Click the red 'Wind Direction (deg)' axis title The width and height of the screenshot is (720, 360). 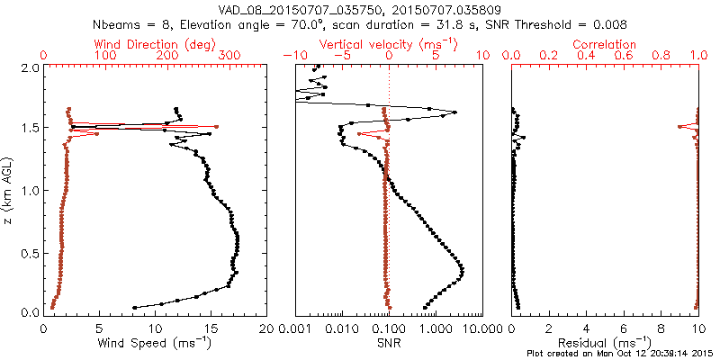(156, 44)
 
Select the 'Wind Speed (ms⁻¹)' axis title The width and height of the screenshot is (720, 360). (156, 343)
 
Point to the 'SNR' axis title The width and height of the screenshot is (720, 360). (389, 342)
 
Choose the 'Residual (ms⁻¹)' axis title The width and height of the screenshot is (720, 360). (605, 343)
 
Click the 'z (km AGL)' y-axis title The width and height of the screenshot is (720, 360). (9, 190)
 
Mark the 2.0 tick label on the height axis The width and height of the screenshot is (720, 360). (29, 67)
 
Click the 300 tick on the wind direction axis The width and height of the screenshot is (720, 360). (229, 56)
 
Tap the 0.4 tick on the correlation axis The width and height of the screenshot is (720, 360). (586, 56)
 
